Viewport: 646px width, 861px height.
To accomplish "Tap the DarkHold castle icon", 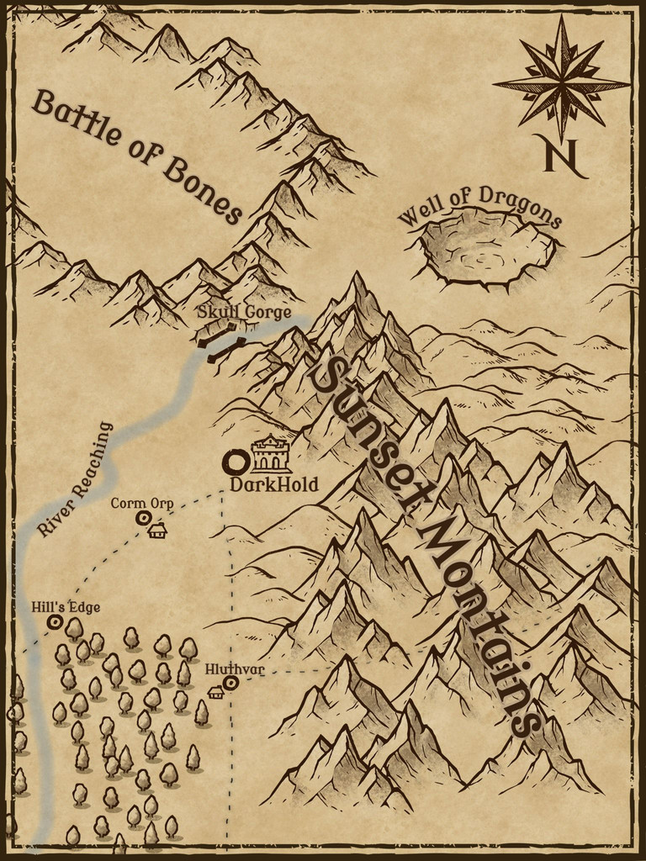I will click(x=271, y=455).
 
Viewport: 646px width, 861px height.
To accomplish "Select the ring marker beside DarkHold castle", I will click(x=236, y=462).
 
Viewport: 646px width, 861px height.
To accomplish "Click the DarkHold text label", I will click(x=273, y=485).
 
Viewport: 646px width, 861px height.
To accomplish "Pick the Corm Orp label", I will click(x=142, y=504).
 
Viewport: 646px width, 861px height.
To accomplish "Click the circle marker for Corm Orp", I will click(x=143, y=519).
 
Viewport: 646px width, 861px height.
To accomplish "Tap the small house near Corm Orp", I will click(x=157, y=530).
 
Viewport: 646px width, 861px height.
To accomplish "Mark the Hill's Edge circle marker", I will click(x=56, y=622).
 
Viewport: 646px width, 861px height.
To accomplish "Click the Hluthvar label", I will click(x=235, y=669).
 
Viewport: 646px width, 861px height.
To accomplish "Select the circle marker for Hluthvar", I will click(x=230, y=684).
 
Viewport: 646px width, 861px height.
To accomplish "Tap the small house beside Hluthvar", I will click(x=216, y=692).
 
